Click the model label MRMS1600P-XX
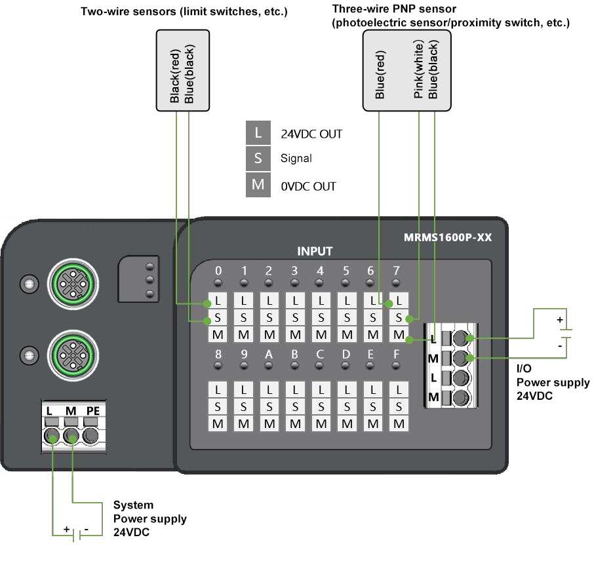(x=448, y=237)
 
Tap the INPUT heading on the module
(x=315, y=251)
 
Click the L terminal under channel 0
(x=218, y=302)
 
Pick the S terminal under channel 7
(x=398, y=318)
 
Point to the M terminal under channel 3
(x=295, y=334)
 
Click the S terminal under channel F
(x=398, y=406)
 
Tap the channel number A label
(x=269, y=355)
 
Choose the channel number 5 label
(x=346, y=270)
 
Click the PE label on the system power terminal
(x=94, y=410)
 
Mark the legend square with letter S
(x=258, y=158)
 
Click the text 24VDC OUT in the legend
(x=311, y=134)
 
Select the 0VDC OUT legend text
(x=308, y=186)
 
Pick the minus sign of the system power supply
(x=87, y=528)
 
